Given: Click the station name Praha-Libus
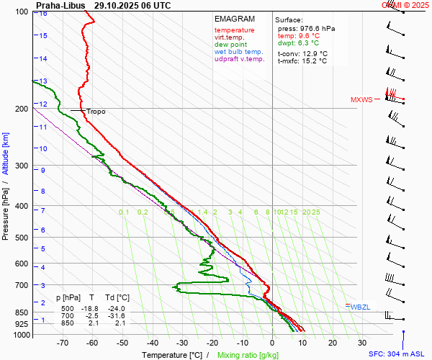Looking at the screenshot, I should pyautogui.click(x=60, y=5).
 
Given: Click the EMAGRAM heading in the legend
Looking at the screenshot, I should pyautogui.click(x=235, y=19).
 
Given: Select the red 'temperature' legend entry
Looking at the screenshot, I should pyautogui.click(x=234, y=30).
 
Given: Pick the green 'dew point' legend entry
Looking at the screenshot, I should pyautogui.click(x=230, y=45).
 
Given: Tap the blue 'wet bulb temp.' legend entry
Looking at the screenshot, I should pyautogui.click(x=239, y=52).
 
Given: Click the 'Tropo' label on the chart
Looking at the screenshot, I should pyautogui.click(x=96, y=112).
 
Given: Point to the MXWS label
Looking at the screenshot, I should pyautogui.click(x=361, y=100).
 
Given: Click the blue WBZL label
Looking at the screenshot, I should pyautogui.click(x=361, y=307).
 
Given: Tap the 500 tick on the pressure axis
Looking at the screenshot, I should pyautogui.click(x=22, y=238).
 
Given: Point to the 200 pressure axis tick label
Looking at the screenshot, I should pyautogui.click(x=22, y=109).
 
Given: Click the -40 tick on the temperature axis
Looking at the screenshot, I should pyautogui.click(x=152, y=343).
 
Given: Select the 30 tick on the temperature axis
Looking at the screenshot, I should pyautogui.click(x=361, y=343).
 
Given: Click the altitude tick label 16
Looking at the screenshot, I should pyautogui.click(x=43, y=14).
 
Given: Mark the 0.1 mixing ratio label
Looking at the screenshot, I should pyautogui.click(x=124, y=212).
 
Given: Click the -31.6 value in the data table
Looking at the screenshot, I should pyautogui.click(x=117, y=316).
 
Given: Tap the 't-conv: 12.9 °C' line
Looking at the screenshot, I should pyautogui.click(x=302, y=54).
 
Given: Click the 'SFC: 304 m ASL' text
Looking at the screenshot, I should pyautogui.click(x=397, y=354).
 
